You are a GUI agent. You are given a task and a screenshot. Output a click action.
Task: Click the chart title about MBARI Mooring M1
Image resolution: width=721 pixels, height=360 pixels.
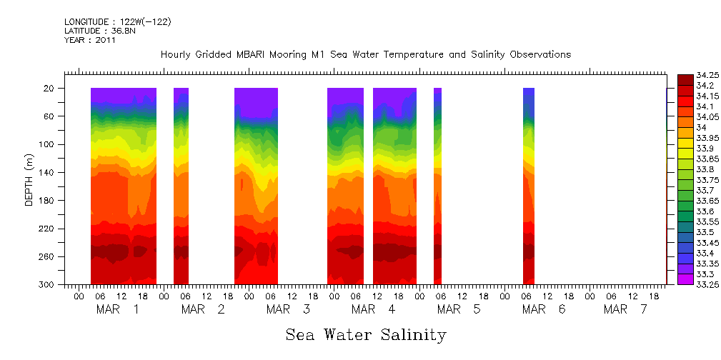pos(366,55)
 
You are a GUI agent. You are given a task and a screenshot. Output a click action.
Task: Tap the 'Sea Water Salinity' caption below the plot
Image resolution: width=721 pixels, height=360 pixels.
pos(366,334)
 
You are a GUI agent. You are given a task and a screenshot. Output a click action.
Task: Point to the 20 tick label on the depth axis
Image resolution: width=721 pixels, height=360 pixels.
pos(50,88)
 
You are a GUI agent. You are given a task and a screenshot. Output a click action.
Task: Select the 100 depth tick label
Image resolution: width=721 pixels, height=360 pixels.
pos(48,144)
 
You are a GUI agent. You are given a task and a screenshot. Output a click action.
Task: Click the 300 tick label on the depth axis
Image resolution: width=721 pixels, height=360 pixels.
pos(48,284)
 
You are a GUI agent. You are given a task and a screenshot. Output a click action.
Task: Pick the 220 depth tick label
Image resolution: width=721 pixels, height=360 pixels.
pos(48,229)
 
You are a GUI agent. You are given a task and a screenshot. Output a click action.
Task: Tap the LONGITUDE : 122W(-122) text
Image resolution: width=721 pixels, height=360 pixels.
pos(117,22)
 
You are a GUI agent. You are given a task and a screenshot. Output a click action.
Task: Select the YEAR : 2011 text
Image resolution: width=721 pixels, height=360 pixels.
pos(90,40)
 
